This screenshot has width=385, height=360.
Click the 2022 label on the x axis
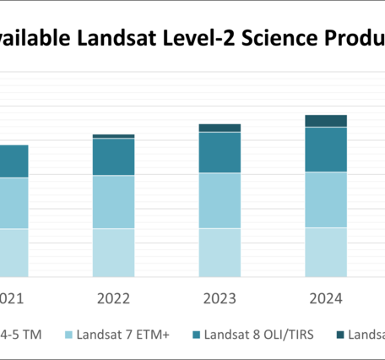113,297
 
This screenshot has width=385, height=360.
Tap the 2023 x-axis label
220,297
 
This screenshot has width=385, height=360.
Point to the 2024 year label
326,297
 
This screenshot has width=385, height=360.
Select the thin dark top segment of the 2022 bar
113,135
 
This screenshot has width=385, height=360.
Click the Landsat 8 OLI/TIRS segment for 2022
113,156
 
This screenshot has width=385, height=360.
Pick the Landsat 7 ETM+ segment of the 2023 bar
220,200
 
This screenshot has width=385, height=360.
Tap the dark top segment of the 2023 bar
220,128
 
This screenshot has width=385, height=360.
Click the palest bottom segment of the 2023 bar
220,252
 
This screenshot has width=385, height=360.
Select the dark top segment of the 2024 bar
326,120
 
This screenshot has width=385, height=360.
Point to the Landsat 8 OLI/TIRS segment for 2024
326,149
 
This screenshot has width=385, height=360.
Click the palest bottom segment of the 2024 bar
326,251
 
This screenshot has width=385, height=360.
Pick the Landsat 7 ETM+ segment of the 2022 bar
113,201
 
